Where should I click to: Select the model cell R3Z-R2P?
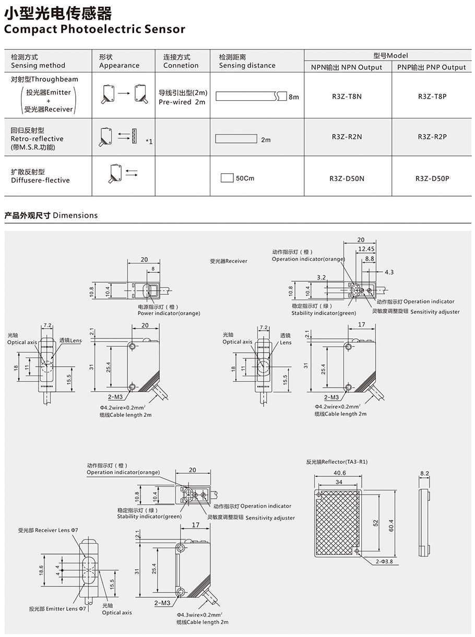tap(432, 137)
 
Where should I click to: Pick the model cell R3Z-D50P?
tap(432, 178)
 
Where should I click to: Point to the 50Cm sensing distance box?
tap(227, 178)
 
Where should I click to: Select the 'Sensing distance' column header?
tap(247, 66)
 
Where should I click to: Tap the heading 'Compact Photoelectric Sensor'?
tap(94, 29)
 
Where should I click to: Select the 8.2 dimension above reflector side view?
tap(424, 474)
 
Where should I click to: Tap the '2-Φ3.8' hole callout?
tap(384, 561)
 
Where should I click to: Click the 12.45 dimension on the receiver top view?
tap(367, 249)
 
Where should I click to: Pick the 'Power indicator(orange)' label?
tap(169, 314)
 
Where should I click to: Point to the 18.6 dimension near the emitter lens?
tap(41, 570)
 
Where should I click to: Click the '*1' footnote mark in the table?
tap(149, 141)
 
